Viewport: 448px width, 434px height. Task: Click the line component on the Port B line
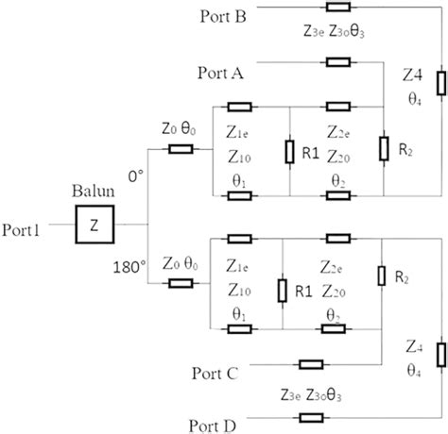click(337, 7)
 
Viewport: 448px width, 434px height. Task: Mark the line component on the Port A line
click(337, 63)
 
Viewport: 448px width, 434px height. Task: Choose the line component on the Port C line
click(311, 364)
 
